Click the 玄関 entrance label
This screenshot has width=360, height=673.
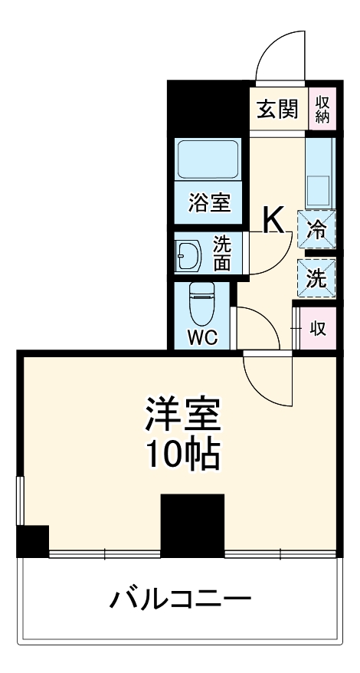(x=277, y=110)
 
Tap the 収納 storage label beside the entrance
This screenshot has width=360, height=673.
(x=321, y=109)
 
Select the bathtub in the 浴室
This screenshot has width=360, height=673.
(x=208, y=160)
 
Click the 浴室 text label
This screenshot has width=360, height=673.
(x=209, y=203)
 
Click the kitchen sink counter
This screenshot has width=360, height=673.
(x=319, y=172)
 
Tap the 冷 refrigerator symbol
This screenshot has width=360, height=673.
(x=316, y=228)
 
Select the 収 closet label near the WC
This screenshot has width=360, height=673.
(x=318, y=329)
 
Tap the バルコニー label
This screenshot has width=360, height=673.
(x=180, y=599)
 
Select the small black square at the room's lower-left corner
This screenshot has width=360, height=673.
(x=33, y=541)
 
